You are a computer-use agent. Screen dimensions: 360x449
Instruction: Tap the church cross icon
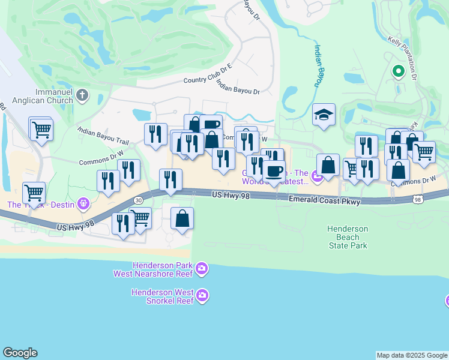pyautogui.click(x=83, y=95)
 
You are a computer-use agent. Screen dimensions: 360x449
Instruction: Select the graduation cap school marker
pyautogui.click(x=324, y=115)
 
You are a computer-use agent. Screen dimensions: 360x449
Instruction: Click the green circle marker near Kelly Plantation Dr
pyautogui.click(x=397, y=72)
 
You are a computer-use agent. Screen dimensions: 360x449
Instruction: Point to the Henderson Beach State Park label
pyautogui.click(x=348, y=237)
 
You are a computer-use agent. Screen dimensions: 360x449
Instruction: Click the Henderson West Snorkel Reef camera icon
pyautogui.click(x=202, y=295)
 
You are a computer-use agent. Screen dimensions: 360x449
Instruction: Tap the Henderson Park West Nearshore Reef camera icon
pyautogui.click(x=202, y=269)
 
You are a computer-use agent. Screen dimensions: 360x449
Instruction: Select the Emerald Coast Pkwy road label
pyautogui.click(x=324, y=202)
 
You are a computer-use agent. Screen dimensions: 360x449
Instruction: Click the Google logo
pyautogui.click(x=20, y=353)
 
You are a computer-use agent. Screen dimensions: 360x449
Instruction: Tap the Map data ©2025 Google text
pyautogui.click(x=411, y=355)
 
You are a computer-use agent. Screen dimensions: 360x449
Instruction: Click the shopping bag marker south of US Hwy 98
pyautogui.click(x=182, y=218)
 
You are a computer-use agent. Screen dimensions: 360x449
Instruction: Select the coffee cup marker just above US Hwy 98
pyautogui.click(x=274, y=171)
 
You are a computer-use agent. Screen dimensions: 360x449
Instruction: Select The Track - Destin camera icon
pyautogui.click(x=82, y=204)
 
